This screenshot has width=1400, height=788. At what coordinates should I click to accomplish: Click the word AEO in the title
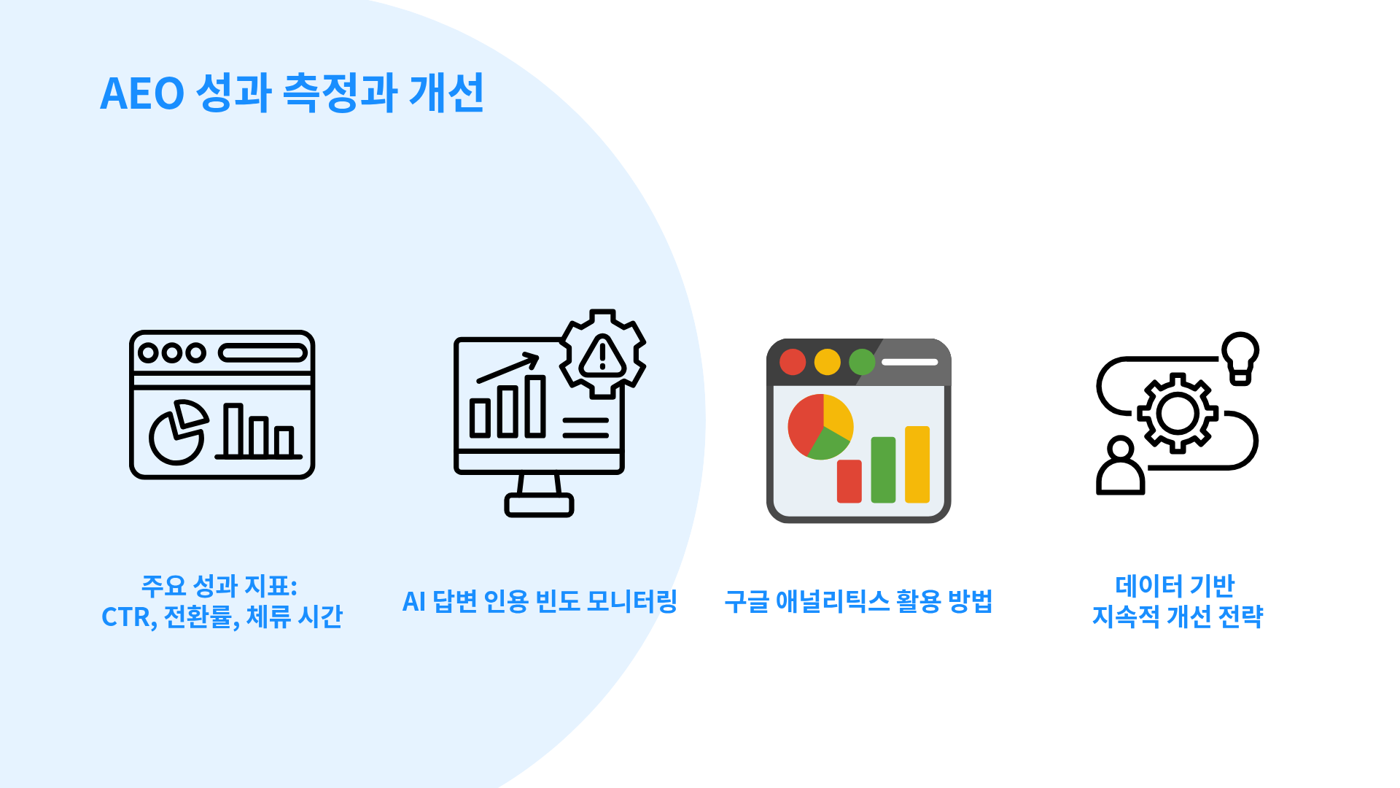click(x=142, y=93)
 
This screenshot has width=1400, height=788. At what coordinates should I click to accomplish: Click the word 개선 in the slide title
click(x=446, y=93)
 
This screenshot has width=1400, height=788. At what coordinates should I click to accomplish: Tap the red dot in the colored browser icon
click(x=793, y=362)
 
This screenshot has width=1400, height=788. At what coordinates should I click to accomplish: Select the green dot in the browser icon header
click(x=862, y=362)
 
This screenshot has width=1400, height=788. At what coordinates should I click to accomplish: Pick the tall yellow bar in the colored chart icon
click(x=917, y=465)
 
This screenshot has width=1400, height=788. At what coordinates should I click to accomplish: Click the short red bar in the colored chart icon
click(x=849, y=482)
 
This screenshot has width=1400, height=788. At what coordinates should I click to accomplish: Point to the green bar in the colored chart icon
click(x=883, y=470)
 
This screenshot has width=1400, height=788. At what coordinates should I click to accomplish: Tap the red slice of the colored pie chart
click(x=804, y=423)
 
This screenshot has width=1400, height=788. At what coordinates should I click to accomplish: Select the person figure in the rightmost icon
click(x=1121, y=466)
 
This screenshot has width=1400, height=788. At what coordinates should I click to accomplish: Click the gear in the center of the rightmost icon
click(x=1177, y=414)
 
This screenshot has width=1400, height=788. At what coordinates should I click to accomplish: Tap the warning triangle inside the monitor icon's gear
click(x=602, y=357)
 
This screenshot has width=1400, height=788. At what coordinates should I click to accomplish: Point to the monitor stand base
click(x=540, y=505)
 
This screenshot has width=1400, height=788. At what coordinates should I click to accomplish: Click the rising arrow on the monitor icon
click(x=508, y=368)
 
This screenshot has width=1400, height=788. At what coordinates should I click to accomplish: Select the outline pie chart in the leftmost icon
click(x=179, y=432)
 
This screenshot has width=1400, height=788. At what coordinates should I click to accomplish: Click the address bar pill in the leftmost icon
click(x=262, y=353)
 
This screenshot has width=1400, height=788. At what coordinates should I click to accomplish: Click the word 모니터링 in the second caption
click(x=632, y=601)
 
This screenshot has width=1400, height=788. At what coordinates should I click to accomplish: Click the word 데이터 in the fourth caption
click(x=1148, y=585)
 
